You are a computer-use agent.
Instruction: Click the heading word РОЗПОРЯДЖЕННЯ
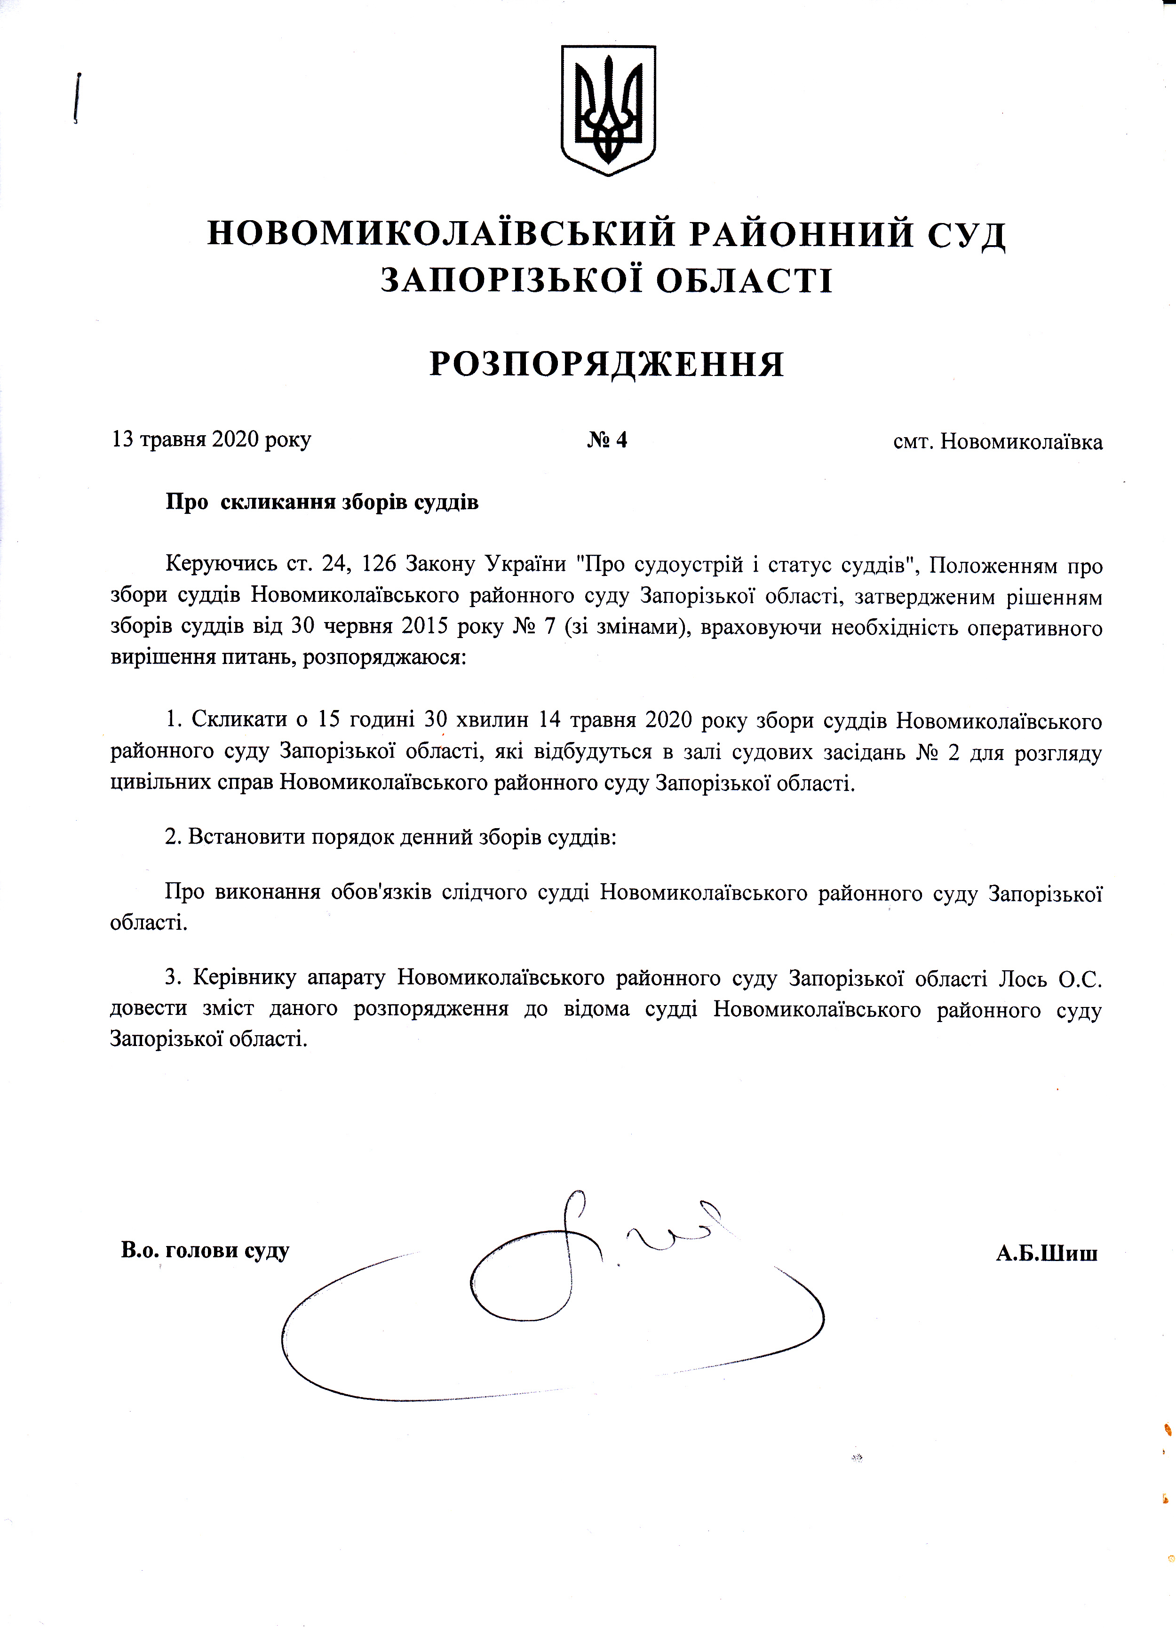pos(607,364)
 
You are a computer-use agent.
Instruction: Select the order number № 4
pos(607,439)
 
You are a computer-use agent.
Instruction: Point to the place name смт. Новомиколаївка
pos(998,441)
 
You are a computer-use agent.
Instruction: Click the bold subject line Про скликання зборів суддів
pos(322,502)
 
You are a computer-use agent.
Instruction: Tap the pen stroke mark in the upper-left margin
pos(77,98)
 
